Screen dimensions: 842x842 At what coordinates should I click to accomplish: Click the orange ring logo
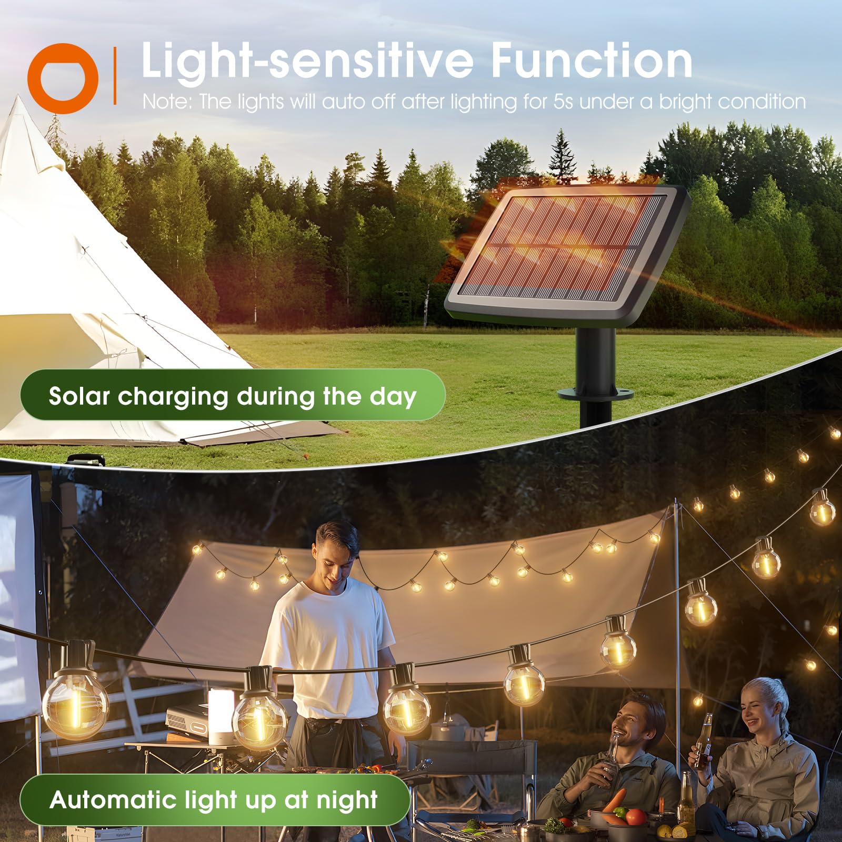[63, 79]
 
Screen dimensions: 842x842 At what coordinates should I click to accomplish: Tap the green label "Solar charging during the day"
[232, 396]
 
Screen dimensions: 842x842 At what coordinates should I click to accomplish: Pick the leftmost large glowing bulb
[75, 700]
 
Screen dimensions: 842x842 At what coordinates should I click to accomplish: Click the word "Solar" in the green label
[79, 396]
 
